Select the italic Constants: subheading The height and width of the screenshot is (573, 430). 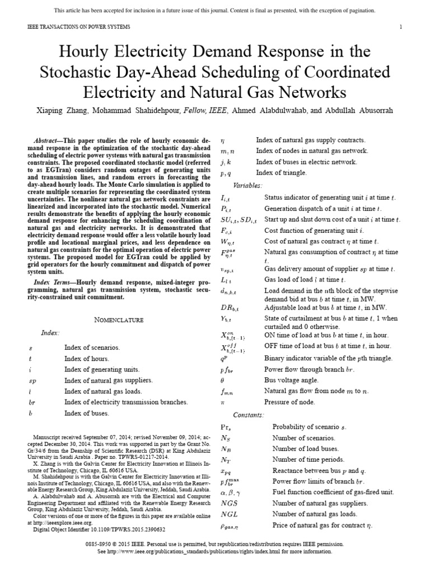coord(247,414)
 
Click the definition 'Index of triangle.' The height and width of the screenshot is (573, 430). coord(281,173)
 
